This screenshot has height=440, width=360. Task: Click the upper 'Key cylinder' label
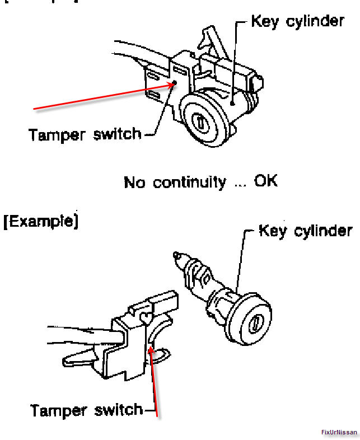297,22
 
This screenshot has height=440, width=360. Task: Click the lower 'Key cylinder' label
305,231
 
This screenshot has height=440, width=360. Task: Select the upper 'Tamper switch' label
85,135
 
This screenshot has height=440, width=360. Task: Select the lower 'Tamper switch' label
87,410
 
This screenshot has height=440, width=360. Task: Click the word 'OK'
265,182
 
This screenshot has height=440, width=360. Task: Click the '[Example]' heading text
40,221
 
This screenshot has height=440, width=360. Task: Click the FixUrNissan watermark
339,433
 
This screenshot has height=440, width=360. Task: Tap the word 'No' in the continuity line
135,182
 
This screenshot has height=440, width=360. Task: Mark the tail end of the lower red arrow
158,417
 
